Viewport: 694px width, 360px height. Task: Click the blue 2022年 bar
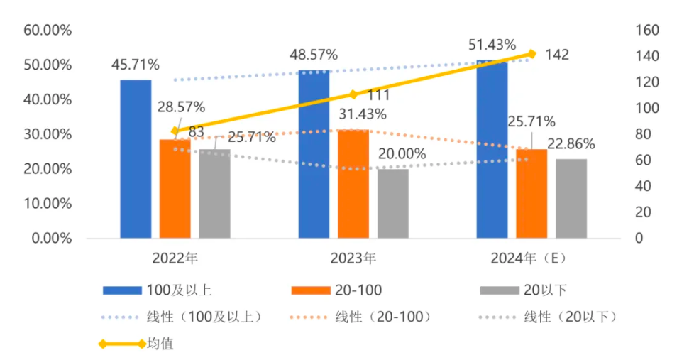tap(136, 158)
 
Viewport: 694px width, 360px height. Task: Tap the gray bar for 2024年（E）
tap(571, 198)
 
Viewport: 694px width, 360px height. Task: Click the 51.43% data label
tap(492, 45)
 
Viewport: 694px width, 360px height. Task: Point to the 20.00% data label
tap(402, 153)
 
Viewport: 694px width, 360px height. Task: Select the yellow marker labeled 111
tap(353, 94)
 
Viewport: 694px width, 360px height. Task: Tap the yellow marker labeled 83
tap(175, 131)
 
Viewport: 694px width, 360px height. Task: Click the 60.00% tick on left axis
tap(48, 31)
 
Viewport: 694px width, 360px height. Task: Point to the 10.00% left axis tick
tap(48, 204)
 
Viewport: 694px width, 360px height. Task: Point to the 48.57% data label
tap(314, 55)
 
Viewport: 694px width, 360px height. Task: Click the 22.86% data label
tap(571, 144)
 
